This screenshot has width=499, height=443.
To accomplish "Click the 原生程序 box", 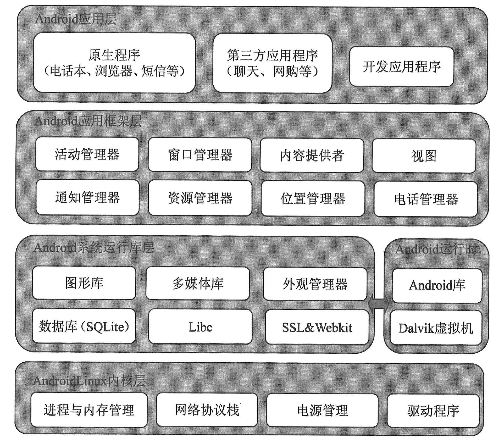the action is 114,63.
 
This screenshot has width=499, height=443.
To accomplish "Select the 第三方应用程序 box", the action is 272,63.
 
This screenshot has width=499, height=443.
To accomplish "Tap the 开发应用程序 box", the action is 402,67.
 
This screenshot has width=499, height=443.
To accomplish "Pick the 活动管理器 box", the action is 87,154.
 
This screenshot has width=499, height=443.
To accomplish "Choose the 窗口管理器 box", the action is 200,155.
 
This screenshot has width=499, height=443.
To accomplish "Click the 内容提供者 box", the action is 312,156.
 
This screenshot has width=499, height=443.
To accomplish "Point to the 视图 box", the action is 424,156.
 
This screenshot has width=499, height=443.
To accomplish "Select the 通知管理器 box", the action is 87,197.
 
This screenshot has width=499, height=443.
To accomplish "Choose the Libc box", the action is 200,326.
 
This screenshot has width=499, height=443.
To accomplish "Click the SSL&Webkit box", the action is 317,327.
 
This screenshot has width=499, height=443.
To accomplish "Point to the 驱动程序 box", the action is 433,411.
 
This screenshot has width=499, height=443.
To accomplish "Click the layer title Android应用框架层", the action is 88,121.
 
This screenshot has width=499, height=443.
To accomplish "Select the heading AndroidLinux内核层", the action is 89,380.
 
